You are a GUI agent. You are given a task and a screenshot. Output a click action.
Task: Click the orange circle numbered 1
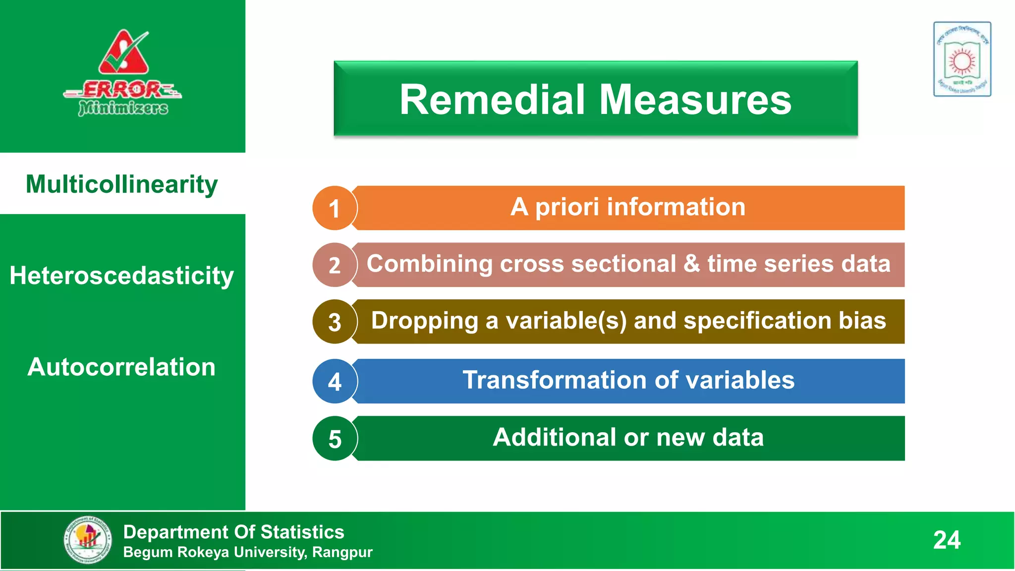[x=335, y=208]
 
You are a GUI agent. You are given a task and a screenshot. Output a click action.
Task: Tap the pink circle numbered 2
[x=335, y=265]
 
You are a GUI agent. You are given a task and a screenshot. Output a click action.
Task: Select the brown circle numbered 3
[x=335, y=322]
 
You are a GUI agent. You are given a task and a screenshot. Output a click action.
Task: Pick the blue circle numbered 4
[x=335, y=382]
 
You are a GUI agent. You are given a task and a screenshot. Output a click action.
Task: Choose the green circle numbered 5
[x=335, y=439]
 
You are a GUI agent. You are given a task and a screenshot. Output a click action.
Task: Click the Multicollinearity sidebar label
[x=122, y=184]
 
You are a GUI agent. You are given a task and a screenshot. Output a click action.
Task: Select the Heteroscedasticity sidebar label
[x=122, y=276]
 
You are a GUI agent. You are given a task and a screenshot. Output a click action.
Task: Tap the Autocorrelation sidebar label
[x=122, y=367]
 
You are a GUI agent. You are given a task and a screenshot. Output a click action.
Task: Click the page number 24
[x=947, y=540]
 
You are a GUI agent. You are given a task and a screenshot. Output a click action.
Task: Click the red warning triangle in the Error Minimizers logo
[x=123, y=54]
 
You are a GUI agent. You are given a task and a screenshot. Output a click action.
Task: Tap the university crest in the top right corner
[x=962, y=59]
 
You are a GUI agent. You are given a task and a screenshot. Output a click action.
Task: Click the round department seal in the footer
[x=88, y=540]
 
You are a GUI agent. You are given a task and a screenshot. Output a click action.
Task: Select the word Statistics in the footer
[x=302, y=532]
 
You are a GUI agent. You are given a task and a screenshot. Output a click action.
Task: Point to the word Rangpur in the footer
[x=342, y=552]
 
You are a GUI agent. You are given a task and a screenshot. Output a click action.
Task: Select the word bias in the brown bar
[x=862, y=321]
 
